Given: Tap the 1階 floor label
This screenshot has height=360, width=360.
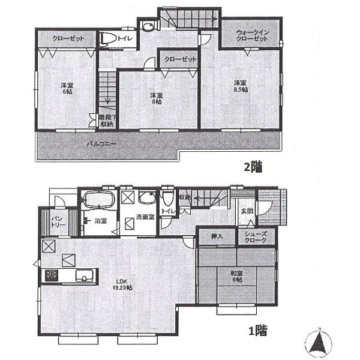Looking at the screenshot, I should point(257,329).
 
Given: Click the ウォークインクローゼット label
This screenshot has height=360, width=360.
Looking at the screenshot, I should point(251,35).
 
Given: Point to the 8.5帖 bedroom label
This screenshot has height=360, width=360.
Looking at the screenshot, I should point(240,85).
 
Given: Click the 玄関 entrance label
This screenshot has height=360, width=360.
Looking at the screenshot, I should point(247,211).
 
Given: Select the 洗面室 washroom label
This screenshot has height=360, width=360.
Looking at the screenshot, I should point(144,217).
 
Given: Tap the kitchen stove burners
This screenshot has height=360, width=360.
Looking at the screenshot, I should point(50,276).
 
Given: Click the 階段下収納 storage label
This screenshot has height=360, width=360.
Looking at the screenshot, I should point(106,121).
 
